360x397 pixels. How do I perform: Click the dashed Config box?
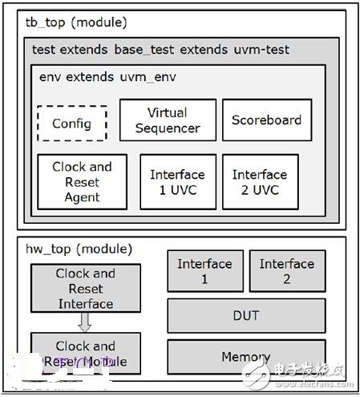pos(71,124)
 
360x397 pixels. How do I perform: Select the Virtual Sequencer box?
pos(168,120)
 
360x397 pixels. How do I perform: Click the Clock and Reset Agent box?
pos(82,182)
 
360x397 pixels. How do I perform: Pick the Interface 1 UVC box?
pos(177,182)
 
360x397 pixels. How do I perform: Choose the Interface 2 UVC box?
pos(260,182)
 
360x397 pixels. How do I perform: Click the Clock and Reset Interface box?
pos(85,289)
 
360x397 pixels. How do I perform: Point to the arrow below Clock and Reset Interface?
pos(85,322)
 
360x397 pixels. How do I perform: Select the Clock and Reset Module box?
pos(85,353)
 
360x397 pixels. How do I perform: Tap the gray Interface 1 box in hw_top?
pos(204,271)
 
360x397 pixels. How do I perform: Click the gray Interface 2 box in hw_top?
pos(286,271)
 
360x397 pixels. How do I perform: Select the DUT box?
pos(245,316)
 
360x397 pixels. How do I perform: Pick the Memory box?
pos(245,357)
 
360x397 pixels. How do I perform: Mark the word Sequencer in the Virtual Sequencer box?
pos(168,128)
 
